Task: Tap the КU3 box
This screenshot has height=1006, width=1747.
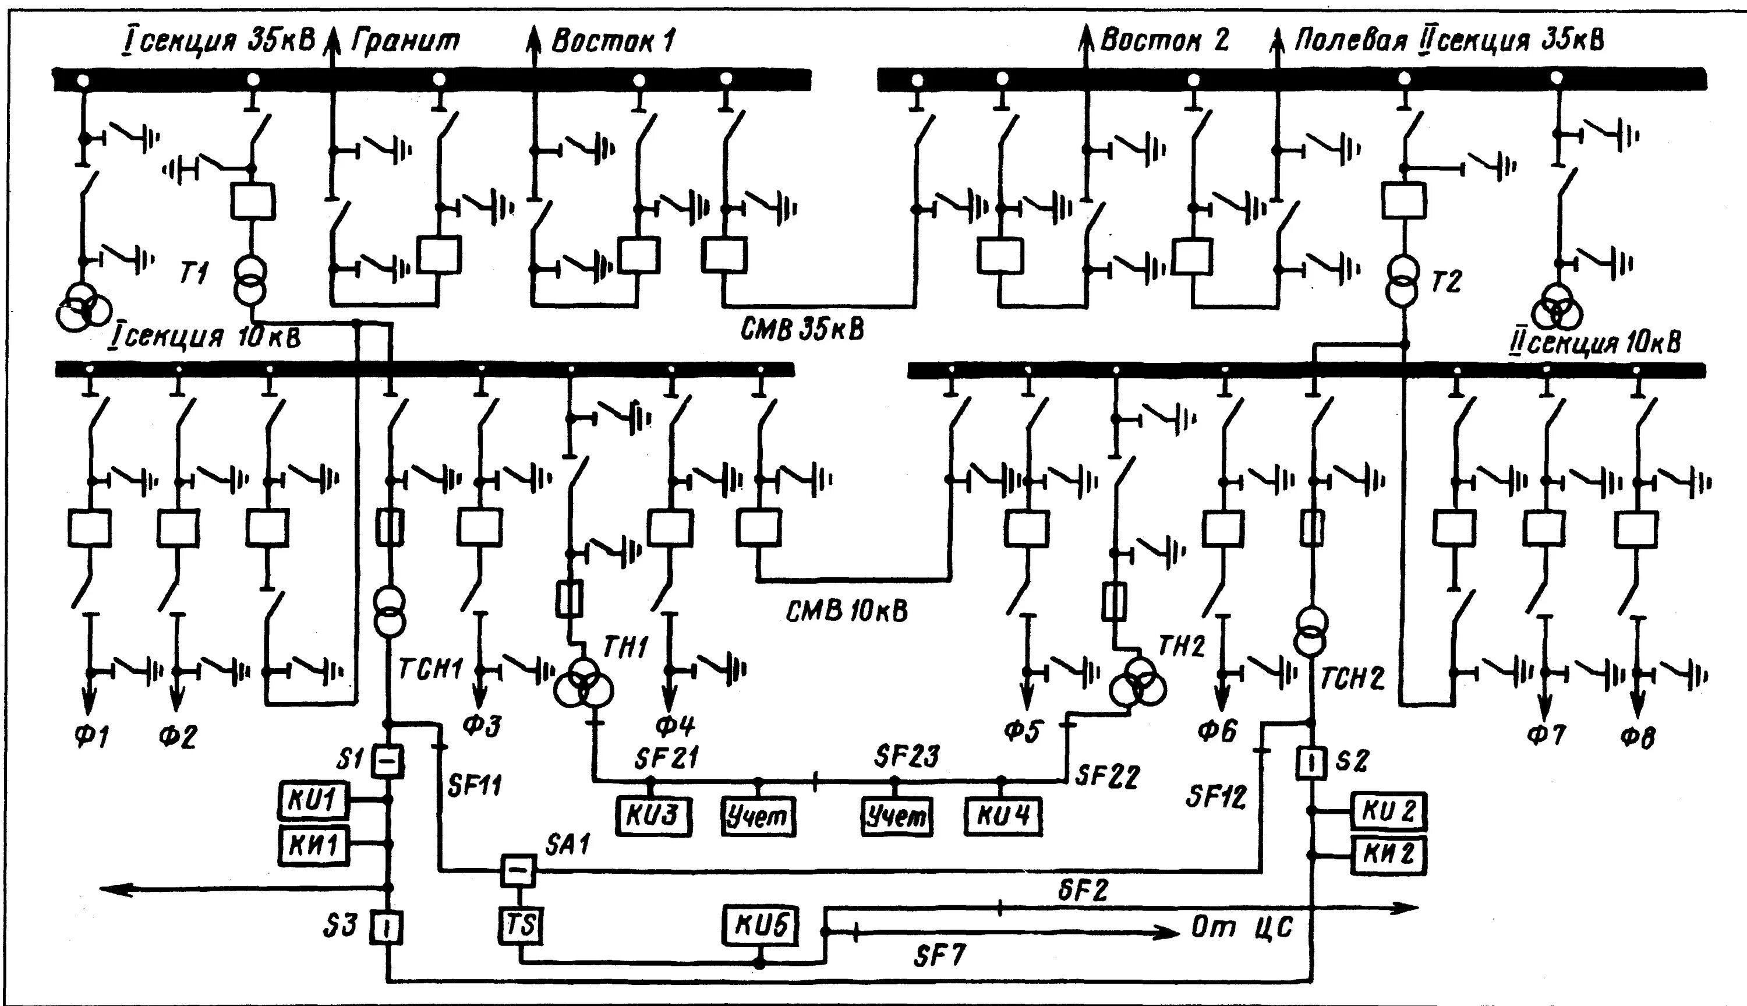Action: tap(653, 817)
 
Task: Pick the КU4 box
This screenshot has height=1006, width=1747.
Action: tap(1003, 817)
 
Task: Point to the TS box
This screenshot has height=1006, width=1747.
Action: tap(521, 925)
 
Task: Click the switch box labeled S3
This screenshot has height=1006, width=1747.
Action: tap(387, 927)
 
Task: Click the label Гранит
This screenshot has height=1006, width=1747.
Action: tap(406, 41)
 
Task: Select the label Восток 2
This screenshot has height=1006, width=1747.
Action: tap(1164, 40)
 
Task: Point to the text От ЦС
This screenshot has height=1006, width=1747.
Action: tap(1242, 927)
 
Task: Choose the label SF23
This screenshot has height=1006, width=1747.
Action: tap(906, 757)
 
